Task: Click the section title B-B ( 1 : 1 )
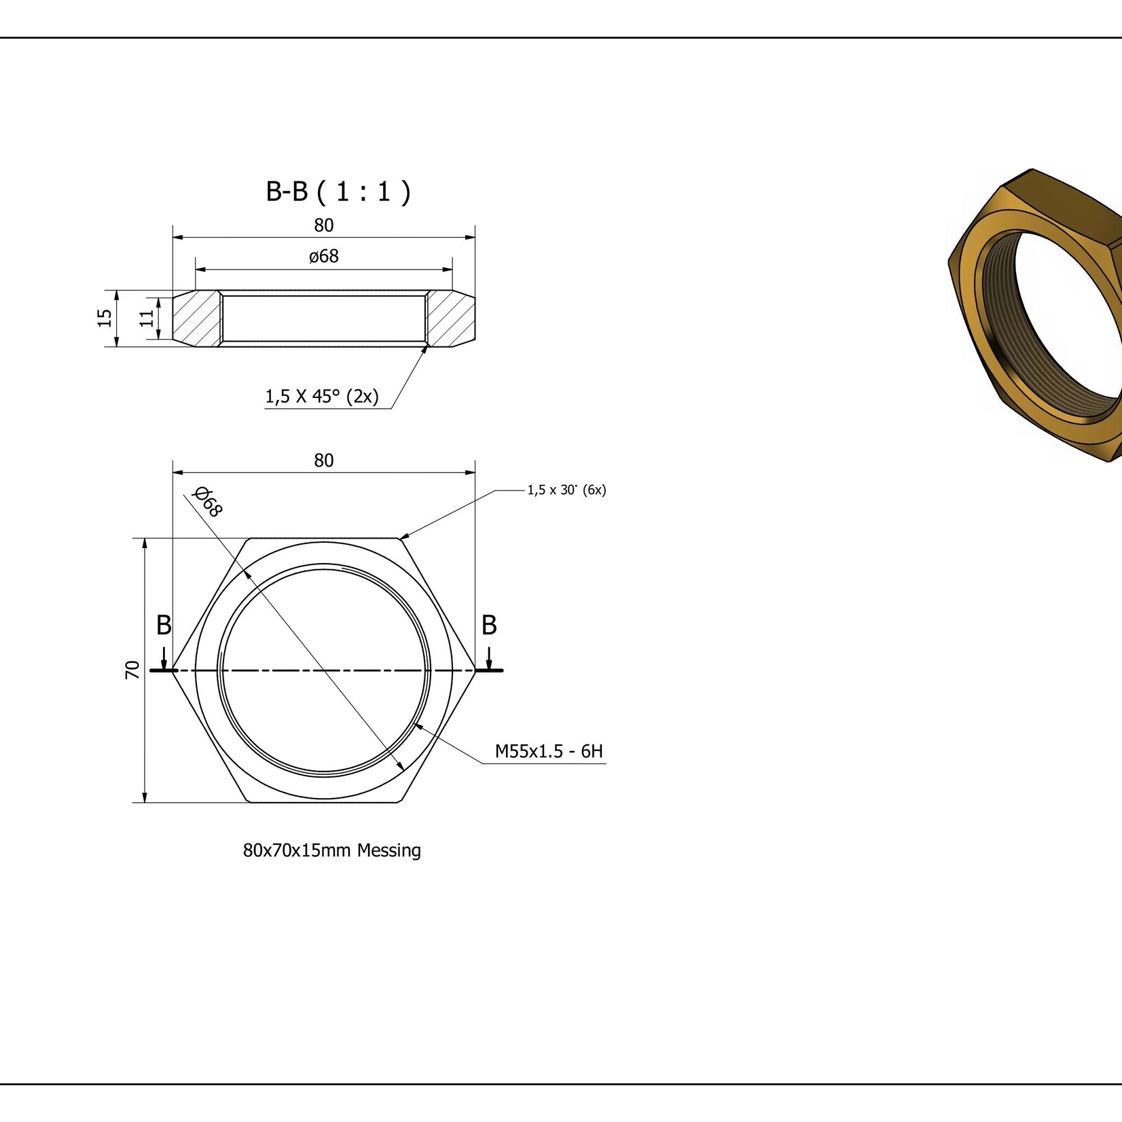coord(338,192)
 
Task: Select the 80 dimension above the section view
coord(324,225)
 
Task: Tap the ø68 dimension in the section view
coord(323,256)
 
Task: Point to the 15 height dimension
coord(105,318)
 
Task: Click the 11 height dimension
coord(147,318)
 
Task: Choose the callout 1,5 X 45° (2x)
coord(322,396)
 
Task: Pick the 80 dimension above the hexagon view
coord(324,460)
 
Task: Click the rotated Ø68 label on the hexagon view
coord(208,502)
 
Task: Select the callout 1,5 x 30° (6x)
coord(566,490)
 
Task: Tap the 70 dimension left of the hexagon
coord(132,670)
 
